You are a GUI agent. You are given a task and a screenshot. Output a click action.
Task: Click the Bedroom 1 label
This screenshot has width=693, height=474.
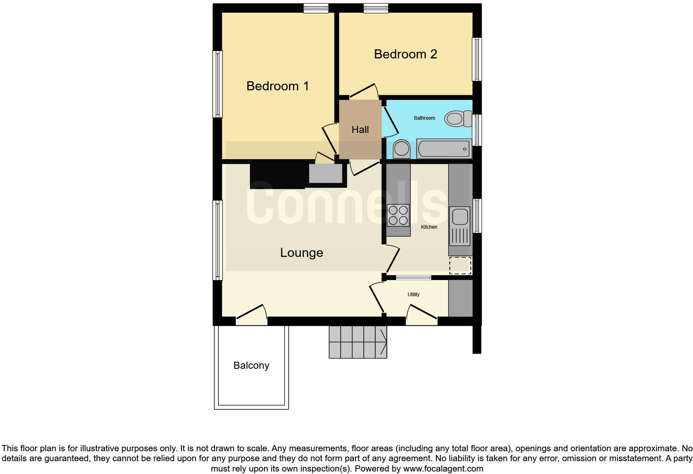coord(277,86)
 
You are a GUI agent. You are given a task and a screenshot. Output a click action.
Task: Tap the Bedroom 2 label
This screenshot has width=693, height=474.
coord(405,54)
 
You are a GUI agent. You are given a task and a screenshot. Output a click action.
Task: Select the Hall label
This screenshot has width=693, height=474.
coord(360,130)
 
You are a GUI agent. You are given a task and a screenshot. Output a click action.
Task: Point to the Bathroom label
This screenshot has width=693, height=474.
coord(424,118)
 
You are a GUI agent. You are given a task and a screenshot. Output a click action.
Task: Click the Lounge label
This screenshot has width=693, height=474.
coord(301,253)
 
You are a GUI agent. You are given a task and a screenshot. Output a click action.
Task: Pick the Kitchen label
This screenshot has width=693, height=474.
coord(429,227)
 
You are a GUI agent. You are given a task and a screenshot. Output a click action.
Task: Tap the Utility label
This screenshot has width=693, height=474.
coord(413,295)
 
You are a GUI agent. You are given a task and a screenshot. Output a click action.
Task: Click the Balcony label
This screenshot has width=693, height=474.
coord(251,365)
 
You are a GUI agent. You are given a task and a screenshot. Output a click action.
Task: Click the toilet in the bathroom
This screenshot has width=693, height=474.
coord(457,118)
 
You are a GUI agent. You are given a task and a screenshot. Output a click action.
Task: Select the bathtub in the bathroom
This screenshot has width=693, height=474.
coord(443,149)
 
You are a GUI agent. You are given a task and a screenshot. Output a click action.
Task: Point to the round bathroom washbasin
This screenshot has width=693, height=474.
coord(401,149)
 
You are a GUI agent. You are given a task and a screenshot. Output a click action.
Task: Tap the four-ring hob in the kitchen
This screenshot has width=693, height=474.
coord(398,215)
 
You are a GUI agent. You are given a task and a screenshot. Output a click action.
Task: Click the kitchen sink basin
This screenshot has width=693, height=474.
coord(460,217)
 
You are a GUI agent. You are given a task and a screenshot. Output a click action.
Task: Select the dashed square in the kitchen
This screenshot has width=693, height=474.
coord(460,265)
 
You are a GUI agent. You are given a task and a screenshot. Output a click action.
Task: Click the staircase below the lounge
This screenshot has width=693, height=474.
coord(358,342)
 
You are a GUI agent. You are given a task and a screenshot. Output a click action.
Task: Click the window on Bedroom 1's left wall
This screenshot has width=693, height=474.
coord(218,84)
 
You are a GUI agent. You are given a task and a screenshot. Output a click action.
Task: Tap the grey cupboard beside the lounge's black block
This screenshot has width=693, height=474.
coord(326,174)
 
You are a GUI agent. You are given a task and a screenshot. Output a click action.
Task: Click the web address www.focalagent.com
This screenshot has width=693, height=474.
coord(443,469)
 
